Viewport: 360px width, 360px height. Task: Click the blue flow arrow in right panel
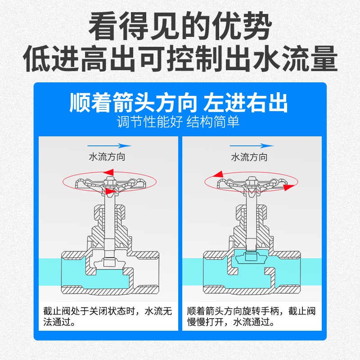pos(252,146)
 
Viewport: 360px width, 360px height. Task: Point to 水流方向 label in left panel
pos(107,157)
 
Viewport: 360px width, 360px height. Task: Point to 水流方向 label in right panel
pos(249,157)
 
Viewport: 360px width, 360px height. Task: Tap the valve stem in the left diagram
pos(109,220)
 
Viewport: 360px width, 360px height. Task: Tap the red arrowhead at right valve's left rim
pos(219,174)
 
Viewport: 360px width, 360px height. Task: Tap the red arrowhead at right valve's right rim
pos(290,186)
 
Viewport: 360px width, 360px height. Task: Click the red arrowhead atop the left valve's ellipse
pos(108,171)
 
